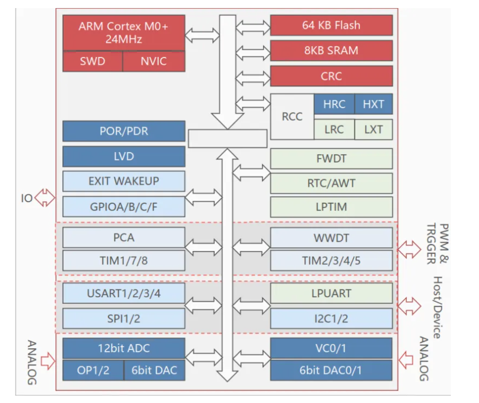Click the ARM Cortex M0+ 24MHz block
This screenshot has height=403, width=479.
click(124, 33)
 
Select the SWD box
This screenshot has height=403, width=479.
click(93, 61)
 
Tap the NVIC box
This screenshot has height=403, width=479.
click(154, 61)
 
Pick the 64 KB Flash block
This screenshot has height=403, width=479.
click(331, 25)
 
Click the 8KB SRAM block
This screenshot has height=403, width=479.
click(331, 51)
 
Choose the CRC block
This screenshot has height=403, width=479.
click(331, 76)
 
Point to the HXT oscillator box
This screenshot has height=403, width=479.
click(373, 104)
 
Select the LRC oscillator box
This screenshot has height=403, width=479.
click(334, 130)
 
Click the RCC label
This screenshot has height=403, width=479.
click(292, 116)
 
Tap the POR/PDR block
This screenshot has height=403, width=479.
click(124, 131)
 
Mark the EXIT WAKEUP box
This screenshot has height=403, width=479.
click(124, 181)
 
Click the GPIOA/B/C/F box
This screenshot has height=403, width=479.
click(124, 207)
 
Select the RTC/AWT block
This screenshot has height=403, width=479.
click(331, 183)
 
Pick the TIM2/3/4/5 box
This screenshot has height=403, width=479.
click(331, 261)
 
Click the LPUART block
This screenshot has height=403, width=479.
click(331, 293)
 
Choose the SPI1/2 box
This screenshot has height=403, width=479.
click(124, 319)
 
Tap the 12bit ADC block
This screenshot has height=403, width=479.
click(124, 348)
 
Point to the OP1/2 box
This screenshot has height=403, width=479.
click(93, 370)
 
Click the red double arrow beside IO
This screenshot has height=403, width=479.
click(45, 198)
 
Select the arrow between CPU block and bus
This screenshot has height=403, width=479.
click(202, 35)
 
